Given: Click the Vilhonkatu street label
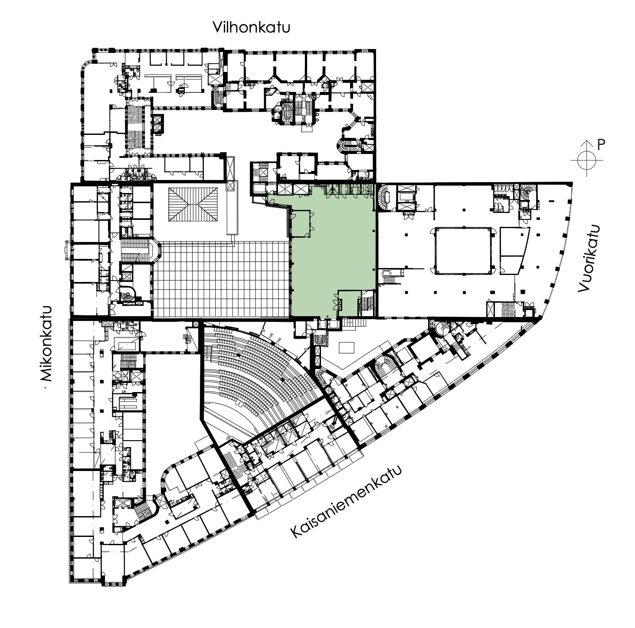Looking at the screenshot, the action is click(251, 28).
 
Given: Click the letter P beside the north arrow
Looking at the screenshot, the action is click(601, 145).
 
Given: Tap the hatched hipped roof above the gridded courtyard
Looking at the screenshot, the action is click(193, 204).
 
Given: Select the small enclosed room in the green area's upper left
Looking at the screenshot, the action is click(301, 224).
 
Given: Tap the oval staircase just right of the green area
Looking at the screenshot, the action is click(385, 198).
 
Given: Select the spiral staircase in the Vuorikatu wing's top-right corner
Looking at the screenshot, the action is click(528, 191).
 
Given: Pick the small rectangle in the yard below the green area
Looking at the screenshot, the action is click(346, 348).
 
